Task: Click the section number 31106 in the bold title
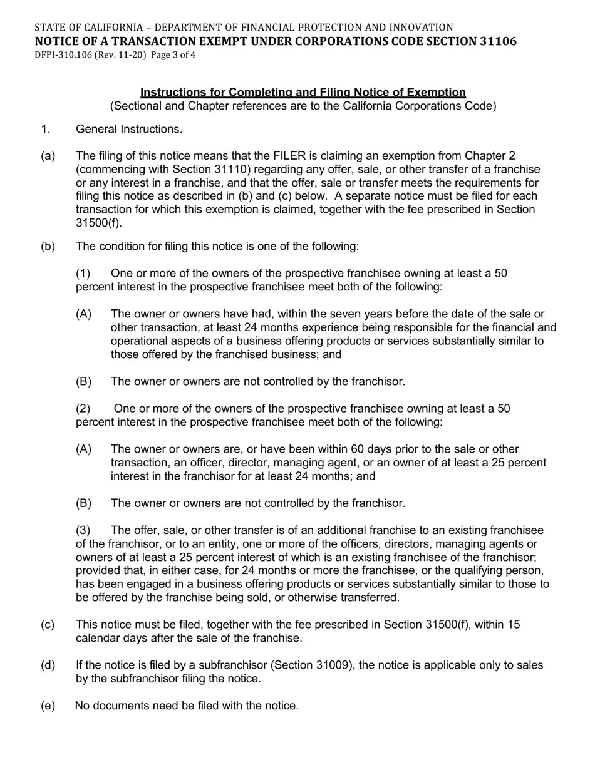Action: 495,41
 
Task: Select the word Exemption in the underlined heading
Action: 438,93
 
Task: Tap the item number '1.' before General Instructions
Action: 45,130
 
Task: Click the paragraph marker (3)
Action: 83,530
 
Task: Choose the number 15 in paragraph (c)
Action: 514,625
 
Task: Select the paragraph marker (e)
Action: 48,706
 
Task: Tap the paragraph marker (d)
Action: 48,665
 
